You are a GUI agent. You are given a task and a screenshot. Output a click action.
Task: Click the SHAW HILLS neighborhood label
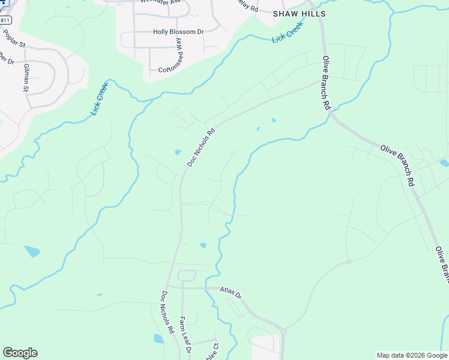(x=299, y=13)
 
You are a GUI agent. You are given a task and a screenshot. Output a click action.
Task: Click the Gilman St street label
(x=26, y=77)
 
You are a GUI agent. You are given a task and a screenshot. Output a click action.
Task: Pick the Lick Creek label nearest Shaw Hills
(x=288, y=32)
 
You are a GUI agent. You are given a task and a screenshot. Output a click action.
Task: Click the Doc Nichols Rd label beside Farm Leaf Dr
(x=166, y=312)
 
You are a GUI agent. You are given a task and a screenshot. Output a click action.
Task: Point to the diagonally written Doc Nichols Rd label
(x=200, y=148)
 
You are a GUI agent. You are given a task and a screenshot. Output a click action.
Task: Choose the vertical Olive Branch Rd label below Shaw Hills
(x=327, y=82)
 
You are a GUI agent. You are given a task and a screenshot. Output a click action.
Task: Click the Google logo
(x=20, y=353)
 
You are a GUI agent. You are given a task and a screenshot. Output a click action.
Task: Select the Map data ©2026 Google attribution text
(x=412, y=355)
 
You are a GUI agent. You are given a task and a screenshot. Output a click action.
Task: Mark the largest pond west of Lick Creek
(x=32, y=251)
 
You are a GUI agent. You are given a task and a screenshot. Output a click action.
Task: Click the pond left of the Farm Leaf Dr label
(x=158, y=338)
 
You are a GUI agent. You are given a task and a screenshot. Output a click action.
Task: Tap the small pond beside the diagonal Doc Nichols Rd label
(x=177, y=152)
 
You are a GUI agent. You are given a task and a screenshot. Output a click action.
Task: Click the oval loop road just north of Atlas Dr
(x=187, y=276)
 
